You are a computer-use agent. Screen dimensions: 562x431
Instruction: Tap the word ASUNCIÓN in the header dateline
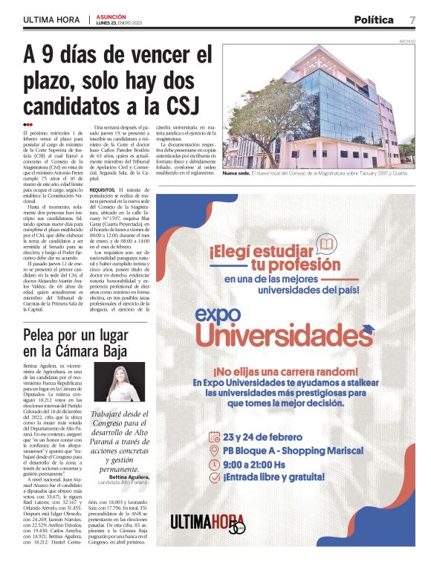pyautogui.click(x=111, y=16)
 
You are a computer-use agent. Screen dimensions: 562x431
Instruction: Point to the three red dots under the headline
pyautogui.click(x=28, y=124)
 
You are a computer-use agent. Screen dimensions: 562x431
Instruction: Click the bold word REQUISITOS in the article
pyautogui.click(x=103, y=190)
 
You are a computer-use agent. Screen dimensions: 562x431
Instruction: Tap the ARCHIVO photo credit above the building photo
pyautogui.click(x=407, y=41)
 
